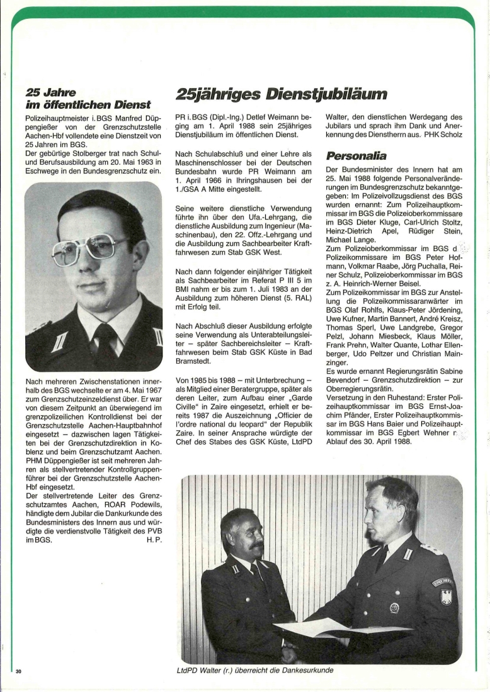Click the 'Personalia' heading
coord(356,155)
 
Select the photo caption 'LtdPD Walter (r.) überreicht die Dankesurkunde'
coord(254,670)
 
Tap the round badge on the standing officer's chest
coord(394,608)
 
